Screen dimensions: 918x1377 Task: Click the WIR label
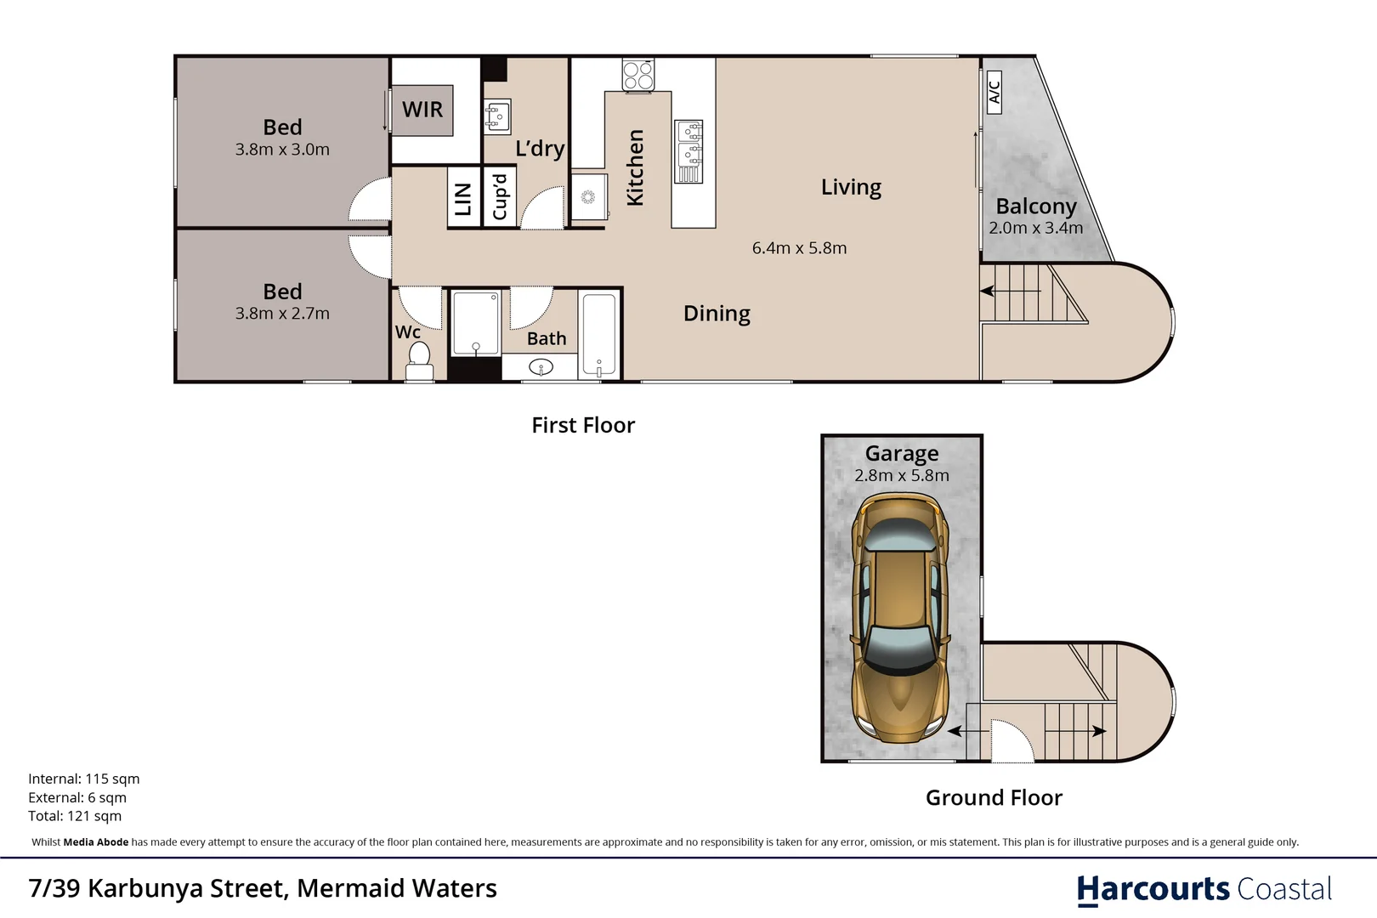[422, 110]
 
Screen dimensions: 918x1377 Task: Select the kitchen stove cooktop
[637, 74]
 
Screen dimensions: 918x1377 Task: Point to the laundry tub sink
[497, 116]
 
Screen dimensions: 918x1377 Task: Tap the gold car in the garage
[901, 616]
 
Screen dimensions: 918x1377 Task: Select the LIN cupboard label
[463, 199]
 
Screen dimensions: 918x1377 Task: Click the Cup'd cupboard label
[500, 197]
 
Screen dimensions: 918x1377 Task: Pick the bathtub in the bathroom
[599, 334]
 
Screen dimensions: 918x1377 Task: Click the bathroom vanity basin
[541, 367]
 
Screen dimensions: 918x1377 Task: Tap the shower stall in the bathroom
[475, 323]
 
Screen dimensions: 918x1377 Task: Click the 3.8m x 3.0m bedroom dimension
[282, 150]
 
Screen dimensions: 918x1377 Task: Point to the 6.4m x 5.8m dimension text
[799, 248]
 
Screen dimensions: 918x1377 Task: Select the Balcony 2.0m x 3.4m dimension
[1035, 228]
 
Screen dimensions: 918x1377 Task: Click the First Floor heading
[583, 425]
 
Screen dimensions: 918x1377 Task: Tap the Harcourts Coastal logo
[1204, 889]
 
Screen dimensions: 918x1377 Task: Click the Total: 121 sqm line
[75, 816]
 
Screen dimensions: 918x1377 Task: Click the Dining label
[717, 314]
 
